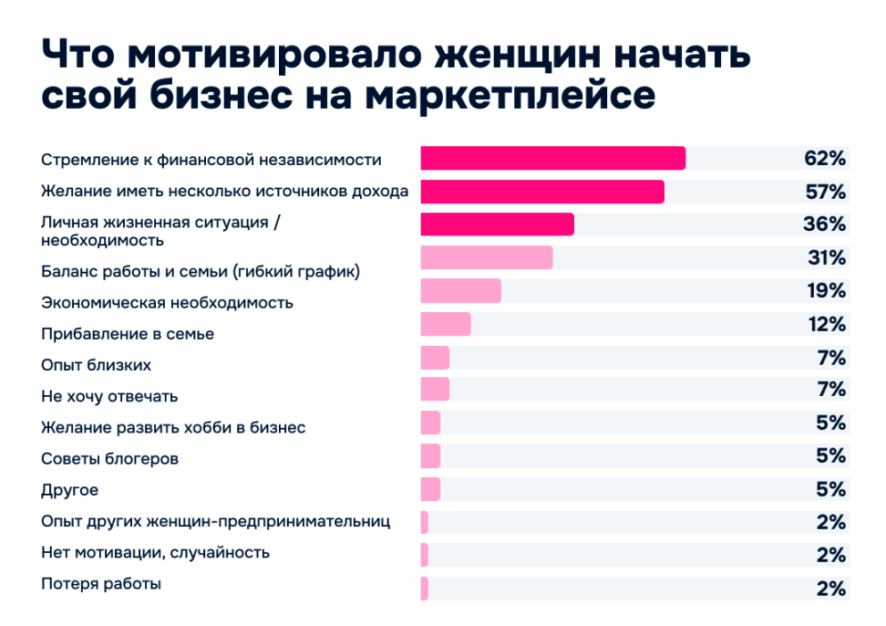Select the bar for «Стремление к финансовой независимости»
click(x=552, y=158)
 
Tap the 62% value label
click(x=825, y=158)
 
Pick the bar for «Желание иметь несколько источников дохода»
click(x=541, y=192)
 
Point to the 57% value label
click(x=825, y=192)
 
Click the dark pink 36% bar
click(x=497, y=224)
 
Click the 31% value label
click(x=827, y=258)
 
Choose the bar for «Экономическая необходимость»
click(x=460, y=291)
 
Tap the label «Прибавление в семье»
click(x=128, y=334)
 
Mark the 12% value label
click(x=827, y=324)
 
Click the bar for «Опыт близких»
click(x=435, y=357)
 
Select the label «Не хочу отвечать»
click(x=109, y=396)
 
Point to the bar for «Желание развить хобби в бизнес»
click(x=430, y=423)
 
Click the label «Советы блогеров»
click(x=109, y=458)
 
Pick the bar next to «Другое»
click(x=430, y=489)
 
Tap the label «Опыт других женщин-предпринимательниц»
click(x=216, y=521)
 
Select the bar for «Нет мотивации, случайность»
click(x=425, y=555)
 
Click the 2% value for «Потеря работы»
click(x=831, y=589)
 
